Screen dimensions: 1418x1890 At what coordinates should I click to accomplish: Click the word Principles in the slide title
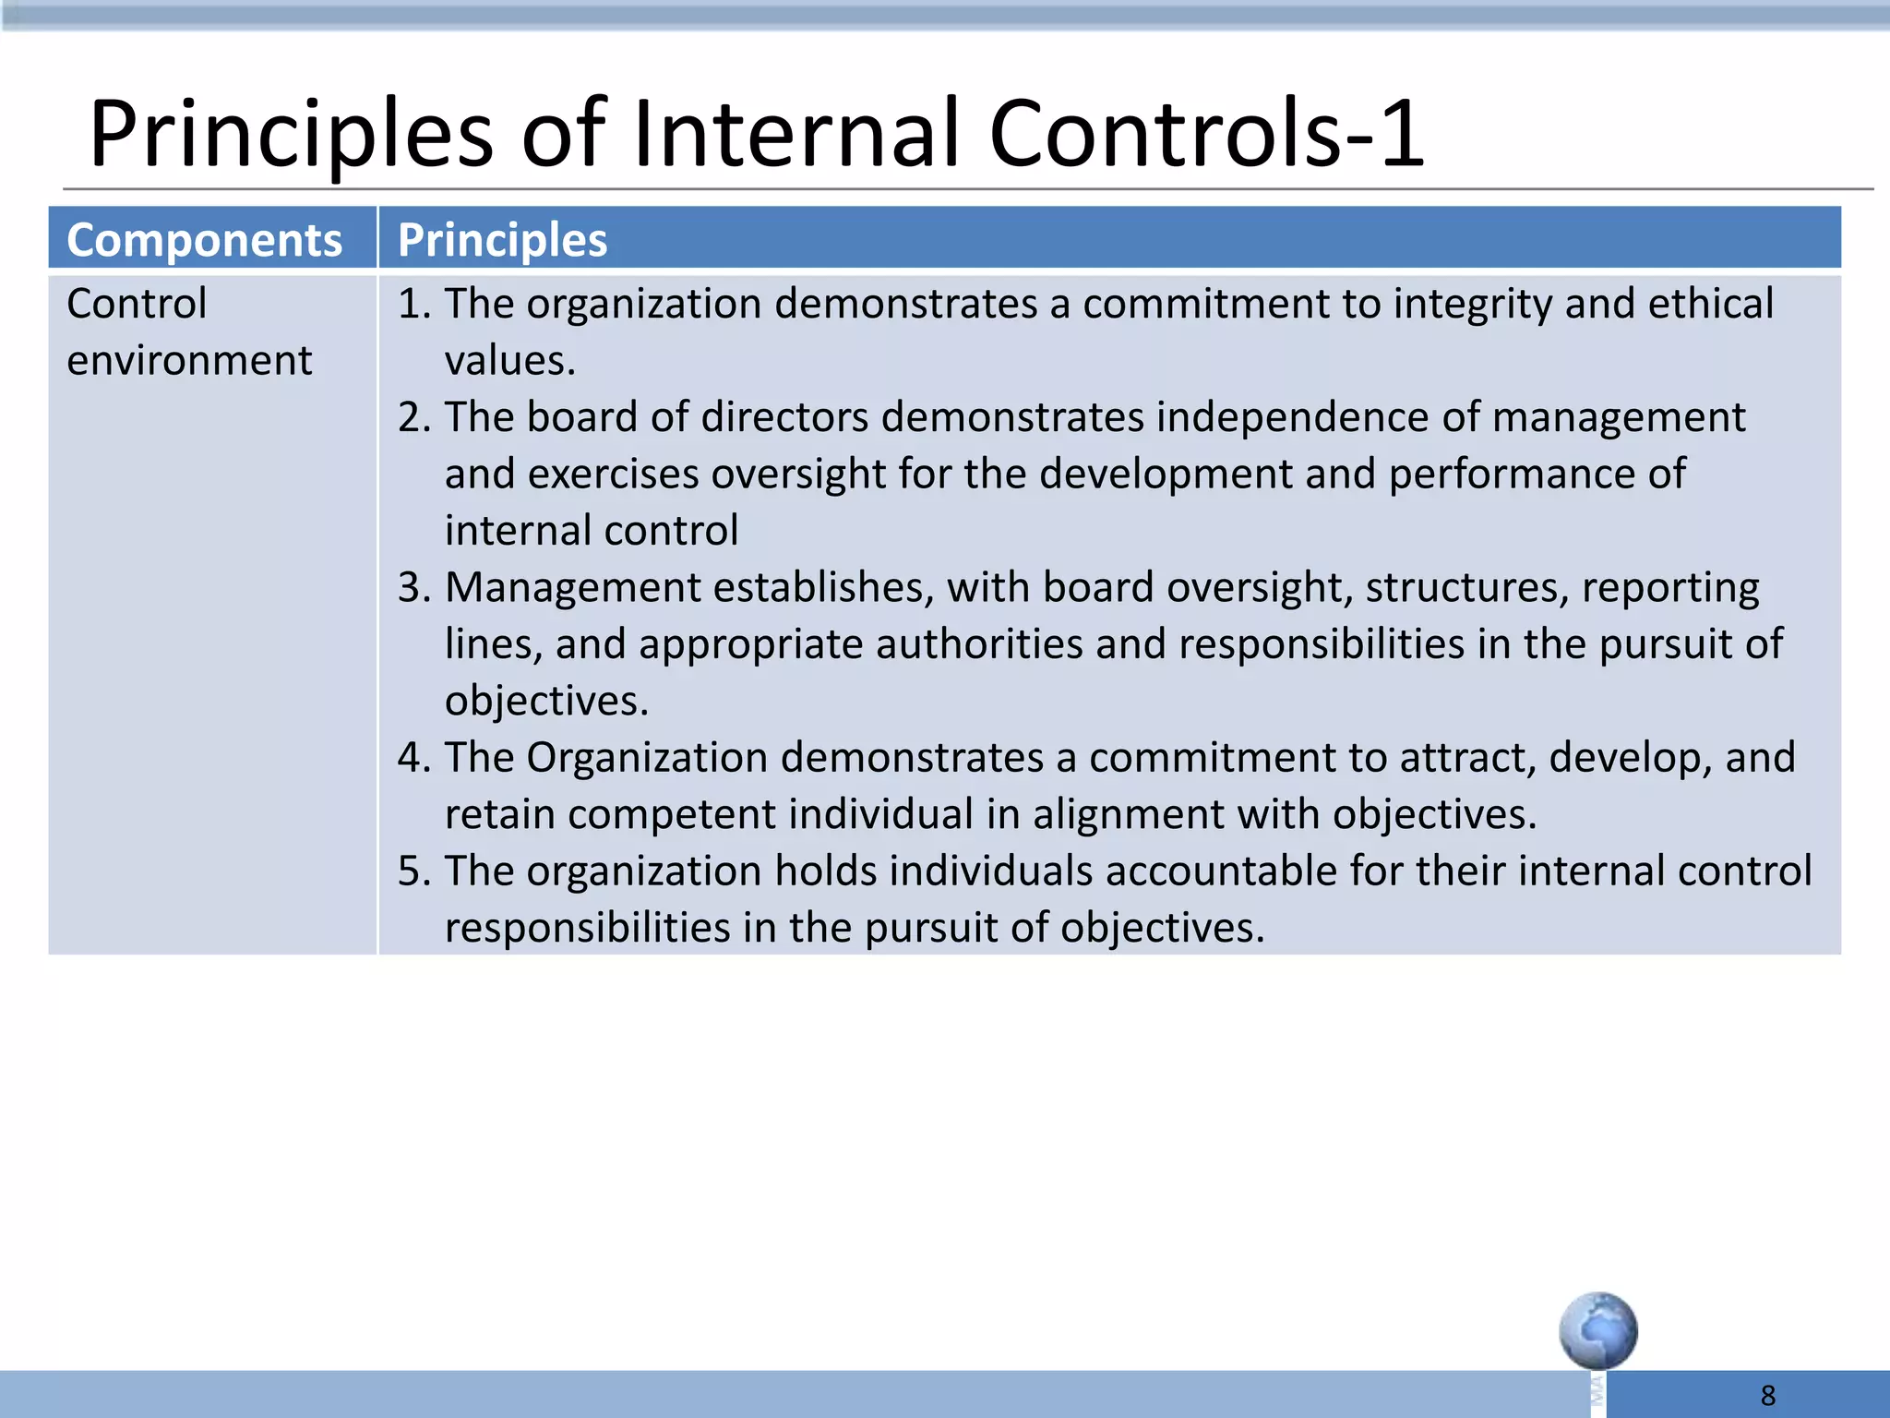coord(292,137)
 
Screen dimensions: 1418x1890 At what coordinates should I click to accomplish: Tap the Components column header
coord(204,240)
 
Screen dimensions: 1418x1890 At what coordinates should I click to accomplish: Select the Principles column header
coord(502,240)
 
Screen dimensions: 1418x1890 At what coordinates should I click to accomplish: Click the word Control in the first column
coord(137,304)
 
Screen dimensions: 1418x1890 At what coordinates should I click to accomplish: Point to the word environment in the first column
coord(189,360)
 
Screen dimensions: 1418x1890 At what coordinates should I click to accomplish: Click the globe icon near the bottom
coord(1597,1330)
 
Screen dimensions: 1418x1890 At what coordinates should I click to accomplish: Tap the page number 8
coord(1767,1395)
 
